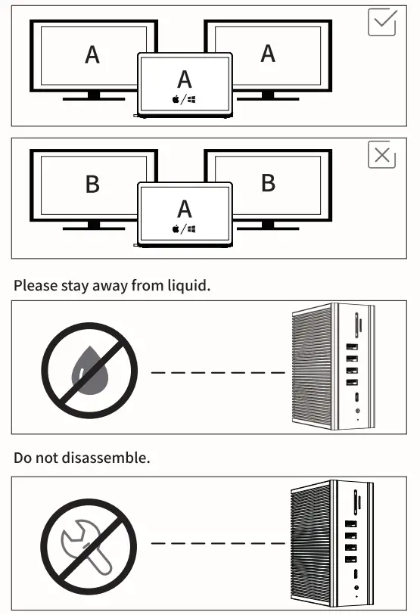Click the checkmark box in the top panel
(x=381, y=23)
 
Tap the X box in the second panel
(x=381, y=155)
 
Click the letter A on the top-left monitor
(x=92, y=54)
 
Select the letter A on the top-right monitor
(x=268, y=54)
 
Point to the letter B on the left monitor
(x=92, y=184)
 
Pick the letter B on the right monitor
(x=268, y=184)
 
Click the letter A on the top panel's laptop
(x=185, y=79)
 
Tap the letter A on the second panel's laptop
(x=185, y=208)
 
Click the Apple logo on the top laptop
(x=176, y=99)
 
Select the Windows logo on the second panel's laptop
(x=192, y=228)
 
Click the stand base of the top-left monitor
(x=94, y=98)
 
